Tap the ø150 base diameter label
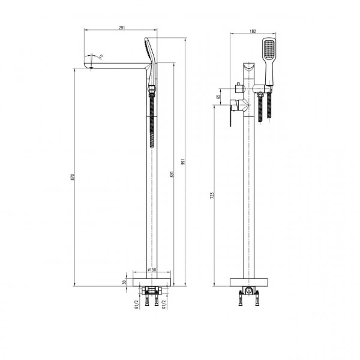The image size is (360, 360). point(151,271)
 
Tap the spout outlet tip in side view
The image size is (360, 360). point(88,67)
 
